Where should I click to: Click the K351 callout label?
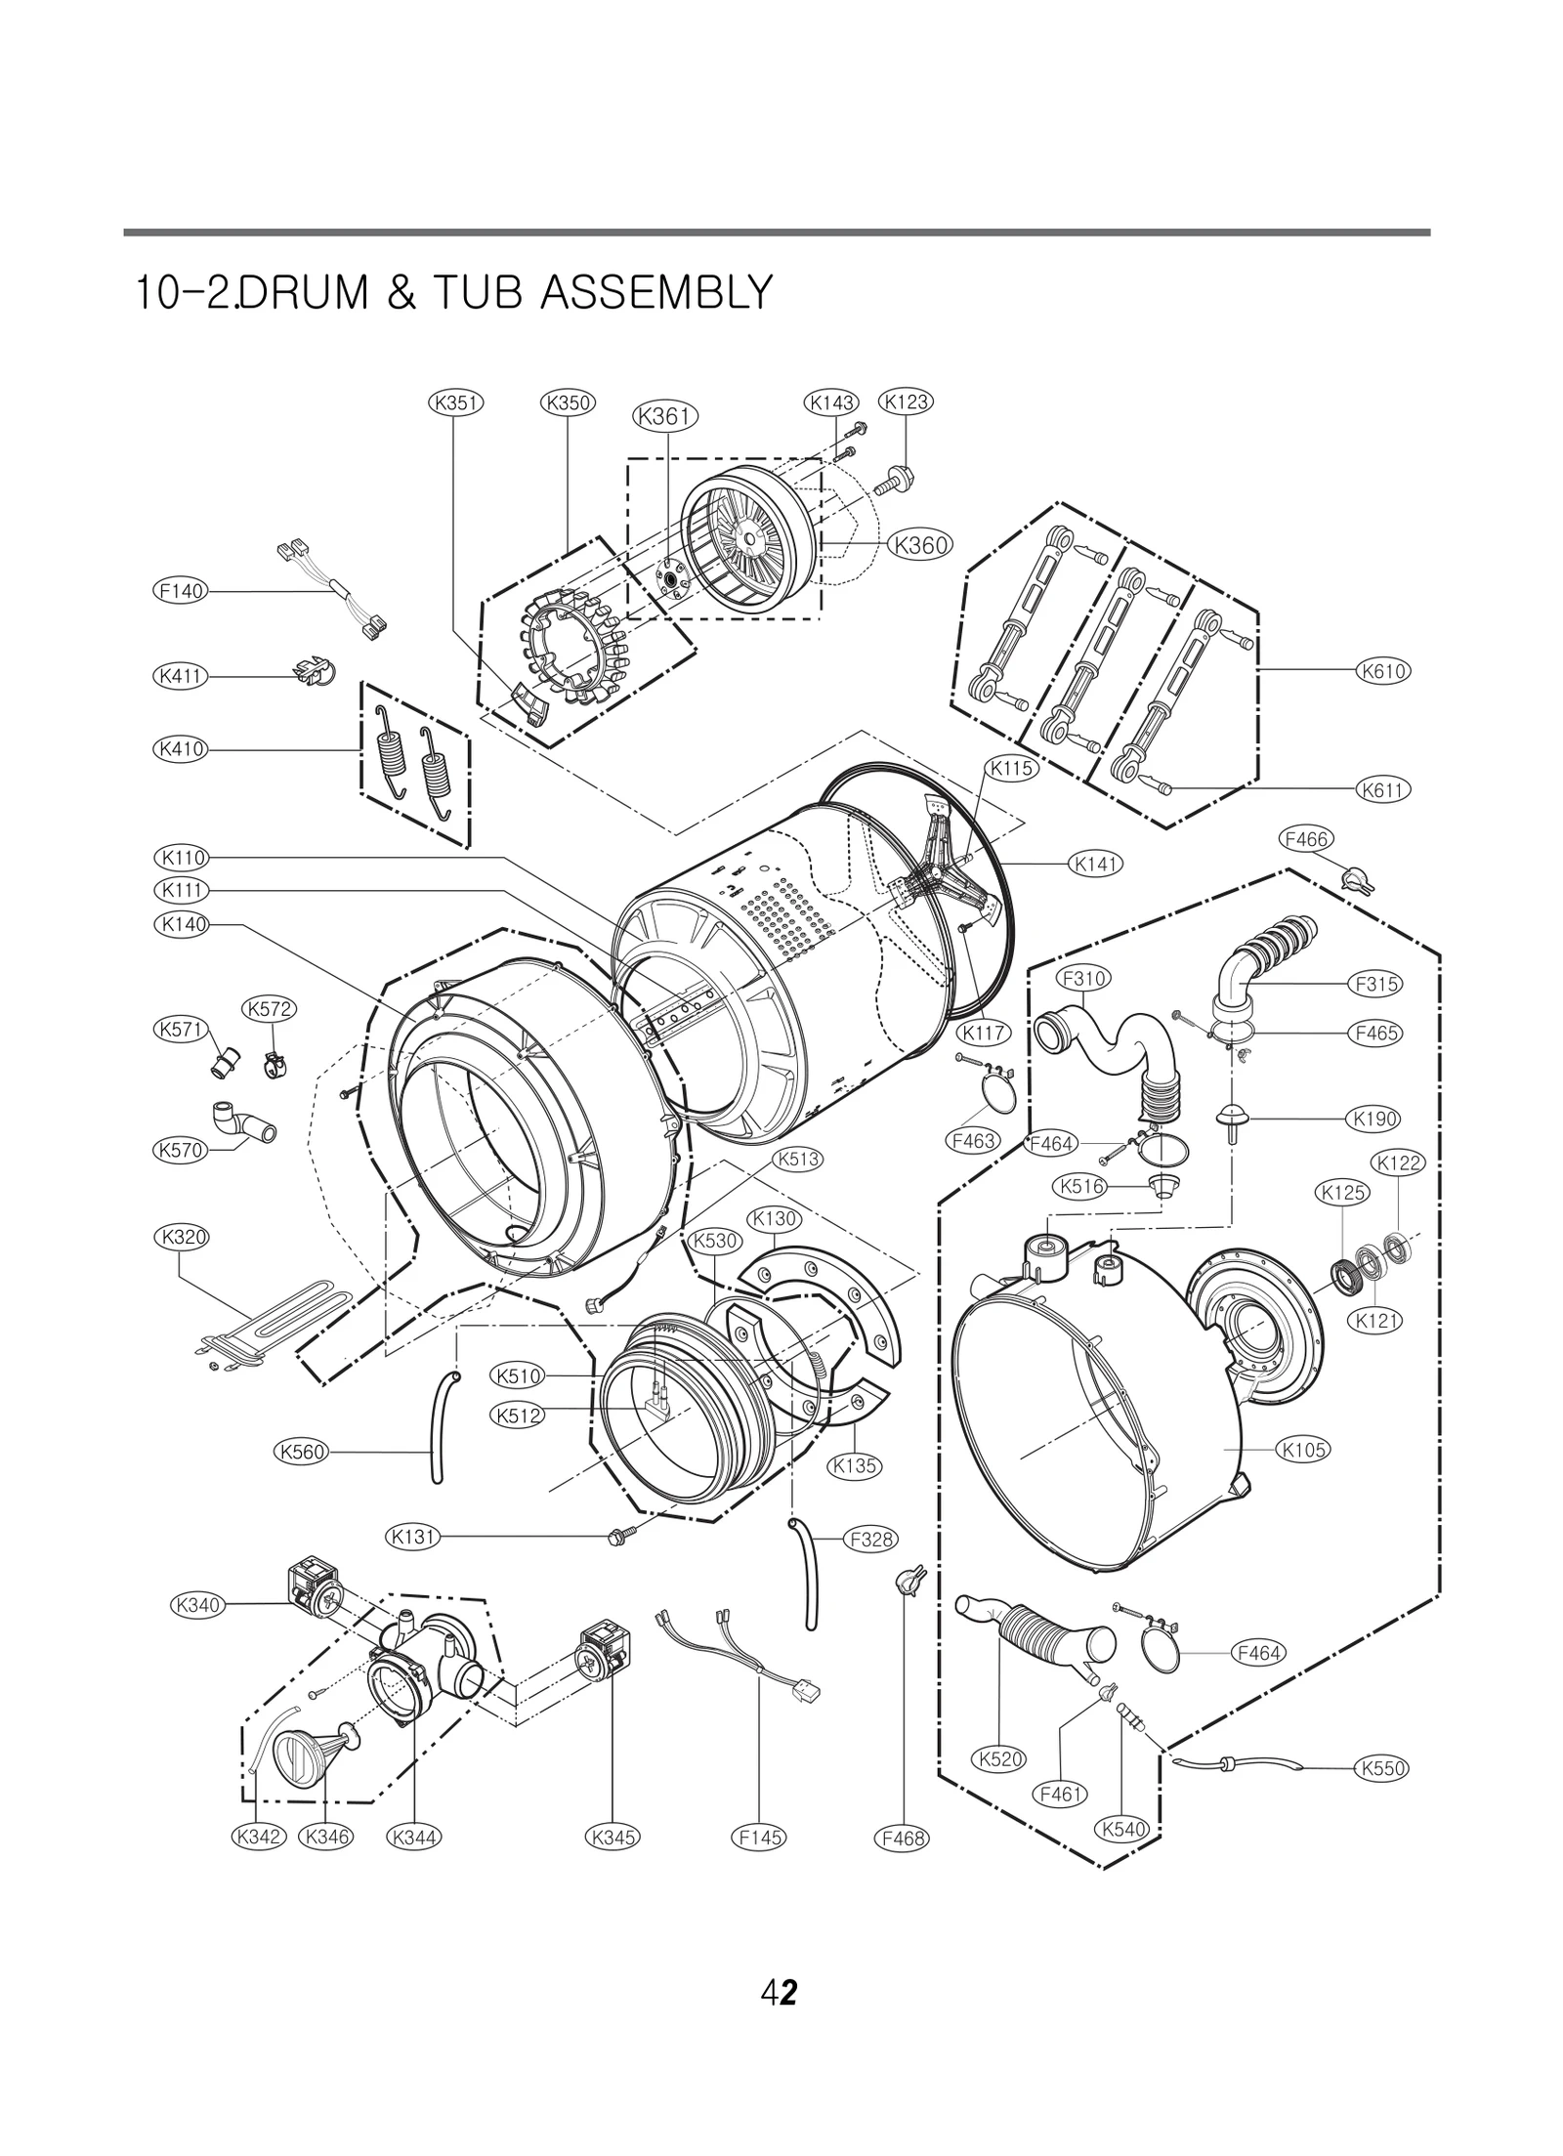456,402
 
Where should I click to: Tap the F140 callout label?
181,591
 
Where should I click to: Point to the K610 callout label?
1382,671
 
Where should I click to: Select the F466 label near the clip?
1305,839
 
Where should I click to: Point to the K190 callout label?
1373,1119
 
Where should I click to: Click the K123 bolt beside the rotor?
899,480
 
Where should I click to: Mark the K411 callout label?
181,676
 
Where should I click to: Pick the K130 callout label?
775,1219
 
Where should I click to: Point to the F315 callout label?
1376,985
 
